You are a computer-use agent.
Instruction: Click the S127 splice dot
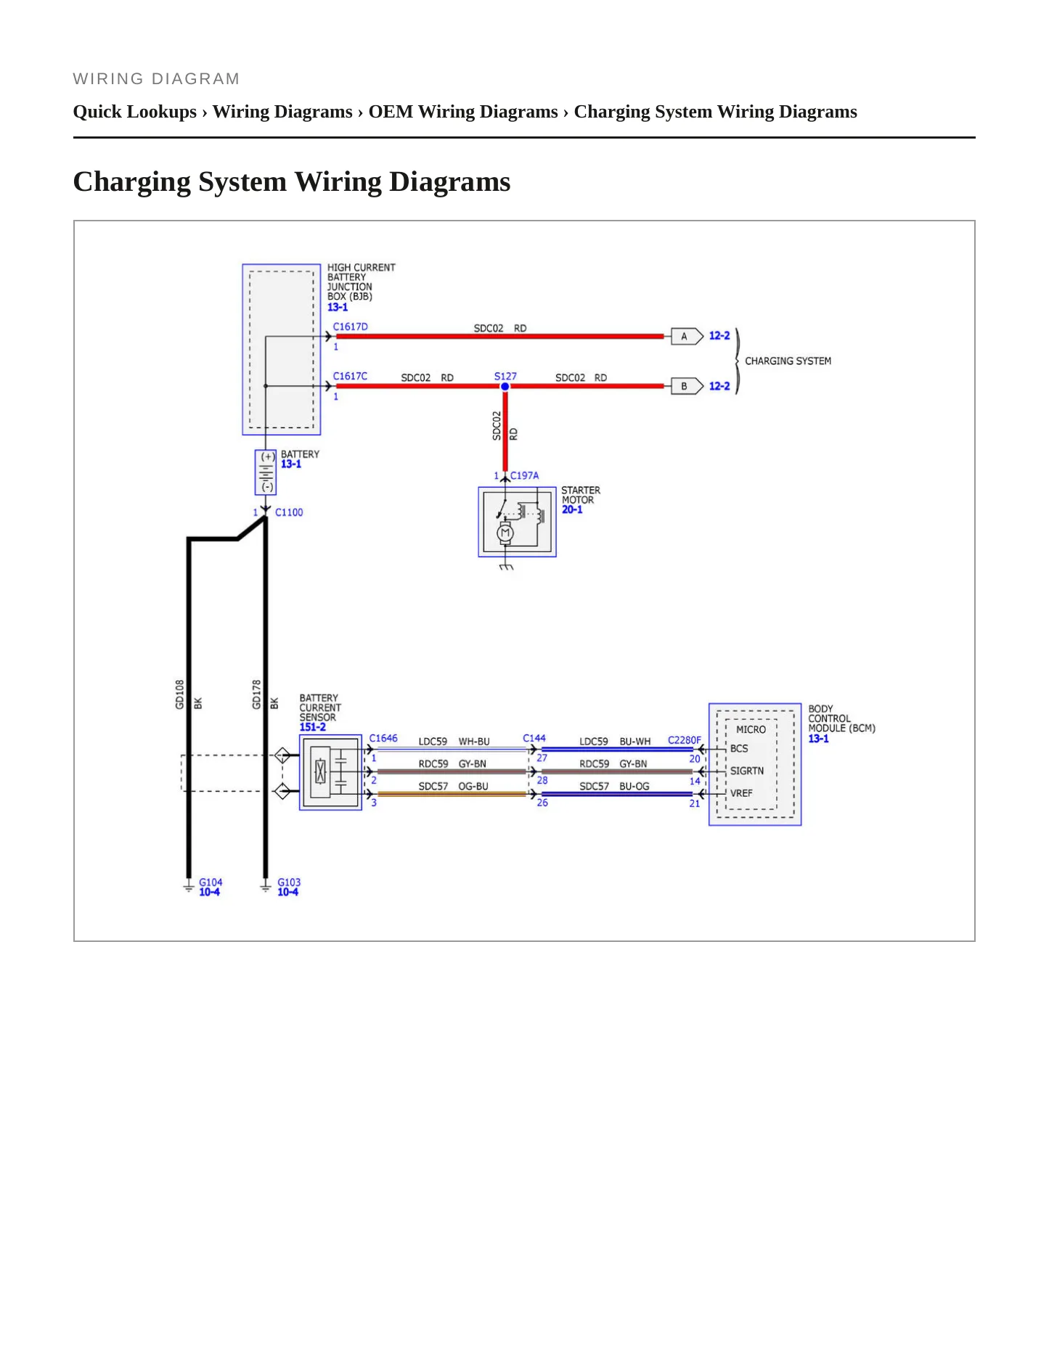[x=505, y=386]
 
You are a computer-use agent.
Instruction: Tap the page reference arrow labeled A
[x=687, y=336]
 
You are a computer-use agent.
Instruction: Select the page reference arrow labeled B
[x=687, y=386]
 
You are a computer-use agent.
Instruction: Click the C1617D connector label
[x=351, y=327]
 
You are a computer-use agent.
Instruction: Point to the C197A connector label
[x=524, y=475]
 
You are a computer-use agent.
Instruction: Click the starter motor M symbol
[x=505, y=533]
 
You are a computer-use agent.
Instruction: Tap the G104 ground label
[x=211, y=882]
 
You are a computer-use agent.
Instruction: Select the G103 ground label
[x=289, y=882]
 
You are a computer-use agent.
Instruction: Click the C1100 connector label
[x=289, y=512]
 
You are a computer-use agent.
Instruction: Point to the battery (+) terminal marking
[x=268, y=457]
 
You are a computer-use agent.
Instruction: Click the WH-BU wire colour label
[x=474, y=742]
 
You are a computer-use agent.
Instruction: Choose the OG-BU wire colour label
[x=473, y=787]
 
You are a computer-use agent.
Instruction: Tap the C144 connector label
[x=534, y=738]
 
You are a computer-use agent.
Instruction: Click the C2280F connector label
[x=685, y=740]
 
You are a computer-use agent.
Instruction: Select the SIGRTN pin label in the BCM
[x=747, y=771]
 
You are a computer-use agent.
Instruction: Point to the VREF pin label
[x=741, y=793]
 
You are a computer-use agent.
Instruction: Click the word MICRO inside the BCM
[x=751, y=729]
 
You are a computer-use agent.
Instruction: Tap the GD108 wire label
[x=180, y=694]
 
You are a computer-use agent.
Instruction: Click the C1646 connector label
[x=383, y=738]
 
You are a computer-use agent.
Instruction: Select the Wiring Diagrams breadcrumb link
[x=282, y=112]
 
